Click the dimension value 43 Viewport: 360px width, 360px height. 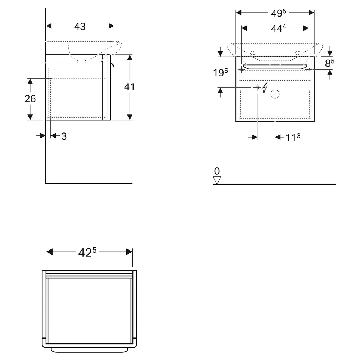(80, 26)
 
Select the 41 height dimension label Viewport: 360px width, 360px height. (129, 87)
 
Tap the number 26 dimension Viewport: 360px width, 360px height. (30, 99)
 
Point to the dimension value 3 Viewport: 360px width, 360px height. (64, 136)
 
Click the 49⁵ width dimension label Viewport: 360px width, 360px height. (278, 13)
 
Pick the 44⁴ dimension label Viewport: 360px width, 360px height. (278, 28)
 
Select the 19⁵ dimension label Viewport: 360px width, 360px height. (220, 73)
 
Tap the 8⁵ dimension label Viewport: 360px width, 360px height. (330, 63)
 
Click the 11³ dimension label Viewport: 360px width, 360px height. (293, 138)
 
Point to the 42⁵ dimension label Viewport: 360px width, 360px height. (87, 252)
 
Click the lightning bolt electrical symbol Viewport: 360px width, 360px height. (265, 88)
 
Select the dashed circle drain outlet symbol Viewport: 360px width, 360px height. (275, 94)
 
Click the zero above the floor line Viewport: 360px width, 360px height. (217, 171)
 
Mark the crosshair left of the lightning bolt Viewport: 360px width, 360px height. (257, 87)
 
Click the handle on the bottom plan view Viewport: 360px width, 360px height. (89, 350)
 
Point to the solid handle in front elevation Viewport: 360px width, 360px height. (275, 67)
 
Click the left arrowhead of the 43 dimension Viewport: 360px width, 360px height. (49, 26)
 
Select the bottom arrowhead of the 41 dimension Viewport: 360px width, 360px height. (130, 117)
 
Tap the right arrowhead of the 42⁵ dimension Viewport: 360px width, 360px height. (130, 252)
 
